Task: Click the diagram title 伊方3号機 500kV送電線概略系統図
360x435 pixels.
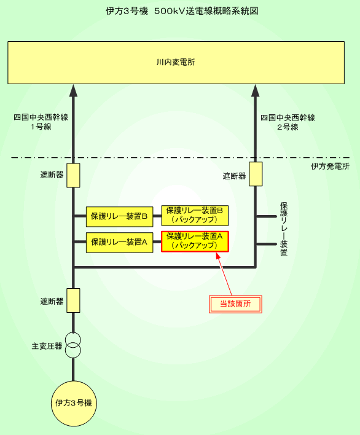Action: [182, 11]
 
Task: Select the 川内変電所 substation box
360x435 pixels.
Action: [176, 63]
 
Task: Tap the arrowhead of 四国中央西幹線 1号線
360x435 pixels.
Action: [73, 90]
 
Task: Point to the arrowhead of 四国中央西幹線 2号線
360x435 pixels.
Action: [255, 90]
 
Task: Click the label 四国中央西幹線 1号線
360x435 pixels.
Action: [41, 122]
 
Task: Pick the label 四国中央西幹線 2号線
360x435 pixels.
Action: [288, 122]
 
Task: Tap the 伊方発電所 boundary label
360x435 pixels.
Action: [330, 167]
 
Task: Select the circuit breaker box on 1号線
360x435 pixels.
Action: [73, 175]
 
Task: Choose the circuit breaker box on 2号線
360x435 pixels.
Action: [256, 174]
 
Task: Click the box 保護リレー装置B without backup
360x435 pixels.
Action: [119, 216]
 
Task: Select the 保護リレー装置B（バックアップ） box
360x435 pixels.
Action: [195, 216]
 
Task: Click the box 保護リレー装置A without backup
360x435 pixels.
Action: [119, 243]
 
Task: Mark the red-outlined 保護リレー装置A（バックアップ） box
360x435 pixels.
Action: [195, 241]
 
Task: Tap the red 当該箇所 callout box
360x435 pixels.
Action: [235, 304]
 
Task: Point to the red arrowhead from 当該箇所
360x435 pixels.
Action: [218, 255]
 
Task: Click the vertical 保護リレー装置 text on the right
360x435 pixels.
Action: [284, 229]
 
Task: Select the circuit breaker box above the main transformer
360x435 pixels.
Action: [73, 300]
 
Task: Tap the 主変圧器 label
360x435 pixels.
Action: [47, 347]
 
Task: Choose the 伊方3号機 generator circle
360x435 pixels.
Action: [74, 404]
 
